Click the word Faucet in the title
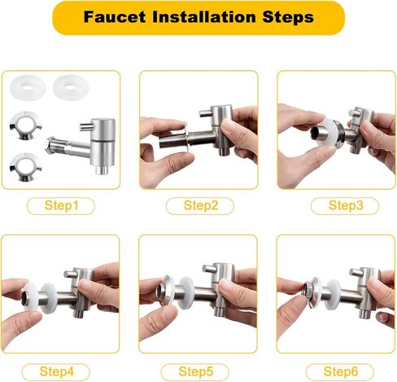click(115, 17)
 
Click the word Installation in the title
click(204, 17)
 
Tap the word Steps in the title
click(288, 18)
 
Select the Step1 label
click(61, 205)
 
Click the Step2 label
click(201, 205)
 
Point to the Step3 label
click(346, 205)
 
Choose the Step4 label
click(57, 371)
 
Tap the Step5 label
click(196, 371)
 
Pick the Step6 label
click(341, 371)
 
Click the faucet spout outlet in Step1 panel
click(103, 170)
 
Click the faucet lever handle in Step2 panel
click(206, 112)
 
